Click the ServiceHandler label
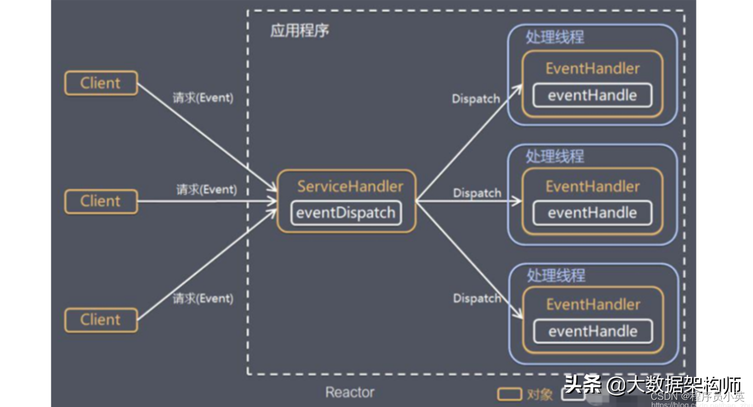(350, 186)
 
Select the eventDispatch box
(346, 212)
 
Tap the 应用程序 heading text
(299, 31)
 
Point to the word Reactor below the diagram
(350, 392)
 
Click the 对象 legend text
(540, 394)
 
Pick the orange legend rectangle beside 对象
(510, 394)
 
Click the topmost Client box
(101, 83)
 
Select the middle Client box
(101, 201)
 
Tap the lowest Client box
(101, 320)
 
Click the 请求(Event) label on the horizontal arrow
(206, 190)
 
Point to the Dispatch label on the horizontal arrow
(477, 193)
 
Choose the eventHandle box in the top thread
(592, 95)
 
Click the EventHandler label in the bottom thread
(593, 304)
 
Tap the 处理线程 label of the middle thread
(555, 157)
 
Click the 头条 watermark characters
(582, 384)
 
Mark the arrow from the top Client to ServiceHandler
(207, 136)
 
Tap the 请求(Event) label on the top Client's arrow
(203, 98)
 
